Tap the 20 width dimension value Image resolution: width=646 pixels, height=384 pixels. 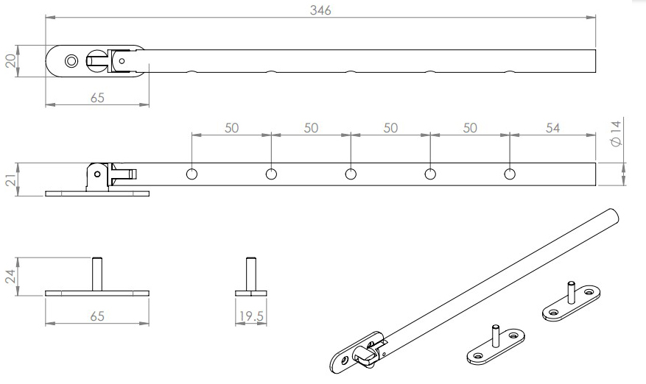[x=10, y=61]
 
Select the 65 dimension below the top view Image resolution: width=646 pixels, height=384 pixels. [x=97, y=99]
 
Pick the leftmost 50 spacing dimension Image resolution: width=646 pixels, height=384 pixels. [x=231, y=127]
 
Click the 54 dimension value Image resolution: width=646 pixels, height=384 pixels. [x=552, y=127]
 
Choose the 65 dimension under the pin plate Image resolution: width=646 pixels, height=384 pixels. [x=97, y=316]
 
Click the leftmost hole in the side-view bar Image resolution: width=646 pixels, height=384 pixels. [x=192, y=174]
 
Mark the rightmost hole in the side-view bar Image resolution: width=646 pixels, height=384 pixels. [x=510, y=174]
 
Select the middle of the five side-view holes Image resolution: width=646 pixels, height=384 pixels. [x=351, y=174]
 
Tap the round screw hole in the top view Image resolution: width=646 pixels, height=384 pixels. [x=71, y=60]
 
